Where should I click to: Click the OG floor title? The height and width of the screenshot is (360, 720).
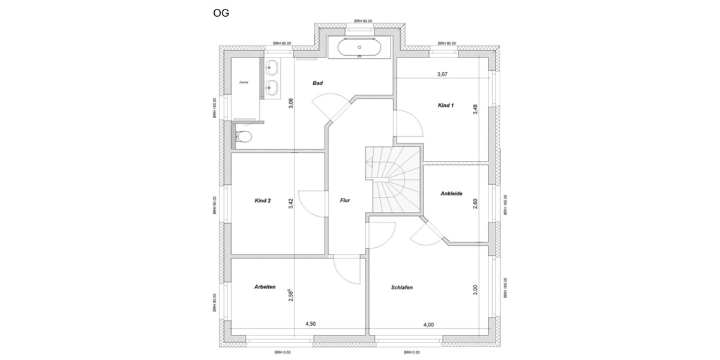pos(221,13)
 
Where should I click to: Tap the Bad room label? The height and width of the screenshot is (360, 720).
pos(317,83)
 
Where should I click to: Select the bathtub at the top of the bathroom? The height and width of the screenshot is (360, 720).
pos(359,47)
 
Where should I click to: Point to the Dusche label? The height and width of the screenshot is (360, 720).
pos(244,82)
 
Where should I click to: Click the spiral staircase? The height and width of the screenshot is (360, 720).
pos(393,179)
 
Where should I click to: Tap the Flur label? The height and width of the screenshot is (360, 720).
pos(345,200)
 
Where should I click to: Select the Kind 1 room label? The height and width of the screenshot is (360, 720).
pos(446,106)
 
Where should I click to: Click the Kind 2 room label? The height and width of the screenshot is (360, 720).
pos(263,201)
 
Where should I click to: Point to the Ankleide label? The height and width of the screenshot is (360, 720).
pos(451,193)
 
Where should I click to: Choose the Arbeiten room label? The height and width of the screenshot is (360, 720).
pos(265,287)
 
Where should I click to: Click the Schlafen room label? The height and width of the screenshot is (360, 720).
pos(401,287)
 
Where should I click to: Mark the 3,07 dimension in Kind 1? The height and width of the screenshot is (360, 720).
pos(442,74)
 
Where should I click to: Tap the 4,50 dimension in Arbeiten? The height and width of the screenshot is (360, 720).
pos(311,324)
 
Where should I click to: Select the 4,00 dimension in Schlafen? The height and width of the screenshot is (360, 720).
pos(428,325)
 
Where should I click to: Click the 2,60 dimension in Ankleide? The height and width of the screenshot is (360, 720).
pos(475,203)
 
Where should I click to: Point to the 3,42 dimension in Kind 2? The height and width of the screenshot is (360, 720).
pos(291,203)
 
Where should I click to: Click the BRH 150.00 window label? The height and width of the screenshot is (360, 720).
pos(214,109)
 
